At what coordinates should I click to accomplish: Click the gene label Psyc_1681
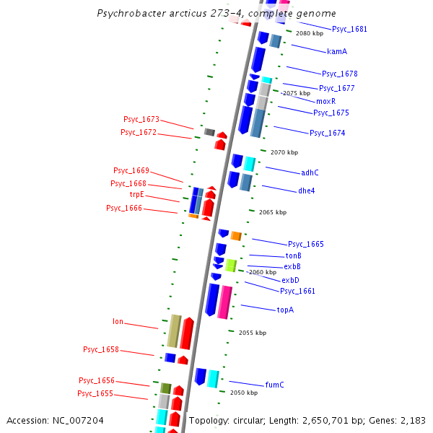pyautogui.click(x=349, y=30)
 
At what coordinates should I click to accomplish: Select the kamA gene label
pyautogui.click(x=337, y=52)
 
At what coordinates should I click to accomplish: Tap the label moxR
pyautogui.click(x=325, y=101)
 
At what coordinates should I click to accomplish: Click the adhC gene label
pyautogui.click(x=310, y=172)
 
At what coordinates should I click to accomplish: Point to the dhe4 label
pyautogui.click(x=307, y=191)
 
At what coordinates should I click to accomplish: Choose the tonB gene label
pyautogui.click(x=294, y=256)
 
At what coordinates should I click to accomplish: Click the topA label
pyautogui.click(x=285, y=310)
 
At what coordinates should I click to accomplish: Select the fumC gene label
pyautogui.click(x=274, y=385)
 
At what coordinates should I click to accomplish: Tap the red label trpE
pyautogui.click(x=136, y=195)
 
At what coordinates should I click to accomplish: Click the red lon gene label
pyautogui.click(x=118, y=322)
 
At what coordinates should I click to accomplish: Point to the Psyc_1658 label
pyautogui.click(x=101, y=350)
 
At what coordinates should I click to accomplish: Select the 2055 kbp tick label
pyautogui.click(x=253, y=333)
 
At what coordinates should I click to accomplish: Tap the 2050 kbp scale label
pyautogui.click(x=243, y=393)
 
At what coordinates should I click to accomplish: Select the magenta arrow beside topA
pyautogui.click(x=225, y=301)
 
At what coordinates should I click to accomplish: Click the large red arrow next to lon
pyautogui.click(x=187, y=333)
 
